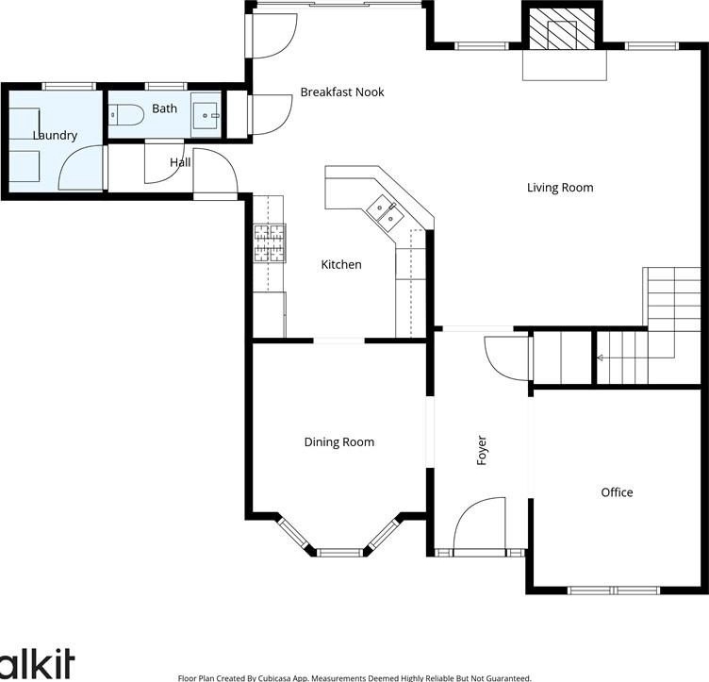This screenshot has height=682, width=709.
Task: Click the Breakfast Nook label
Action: point(342,92)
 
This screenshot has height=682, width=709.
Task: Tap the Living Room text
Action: point(560,188)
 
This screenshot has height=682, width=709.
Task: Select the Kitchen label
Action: point(341,264)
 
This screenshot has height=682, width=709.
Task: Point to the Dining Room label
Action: point(339,442)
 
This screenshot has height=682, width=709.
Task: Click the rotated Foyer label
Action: point(482,451)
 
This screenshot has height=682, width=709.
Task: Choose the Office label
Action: point(617,492)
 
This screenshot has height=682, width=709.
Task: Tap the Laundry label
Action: point(55,136)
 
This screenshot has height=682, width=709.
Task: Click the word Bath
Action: point(165,108)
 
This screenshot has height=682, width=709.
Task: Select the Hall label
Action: point(180,162)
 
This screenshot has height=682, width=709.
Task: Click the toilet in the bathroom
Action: point(126,115)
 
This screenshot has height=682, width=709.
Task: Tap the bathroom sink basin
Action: point(206,115)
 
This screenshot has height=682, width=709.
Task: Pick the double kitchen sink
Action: point(386,213)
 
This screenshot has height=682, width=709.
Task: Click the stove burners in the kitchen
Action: point(270,243)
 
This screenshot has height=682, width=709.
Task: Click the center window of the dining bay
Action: point(339,552)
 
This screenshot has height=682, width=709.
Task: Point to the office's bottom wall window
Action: point(614,591)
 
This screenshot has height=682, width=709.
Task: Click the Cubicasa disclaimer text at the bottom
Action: point(354,678)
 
